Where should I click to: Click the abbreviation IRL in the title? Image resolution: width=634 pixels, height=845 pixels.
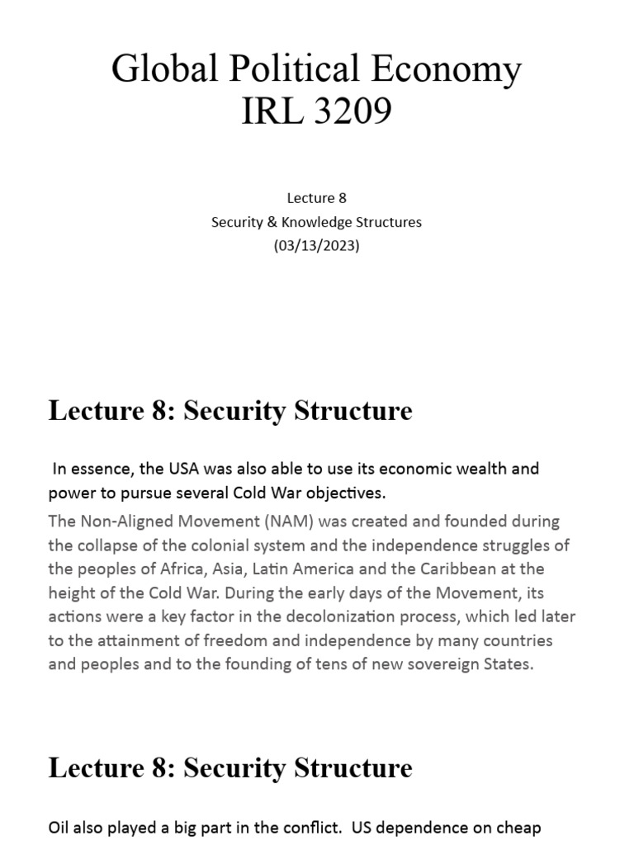(267, 111)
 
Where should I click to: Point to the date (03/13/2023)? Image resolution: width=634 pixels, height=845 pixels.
(317, 246)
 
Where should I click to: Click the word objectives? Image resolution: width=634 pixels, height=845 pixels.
(344, 493)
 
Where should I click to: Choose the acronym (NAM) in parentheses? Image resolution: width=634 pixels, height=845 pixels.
(282, 522)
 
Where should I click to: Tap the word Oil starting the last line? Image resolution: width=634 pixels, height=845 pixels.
(59, 828)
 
